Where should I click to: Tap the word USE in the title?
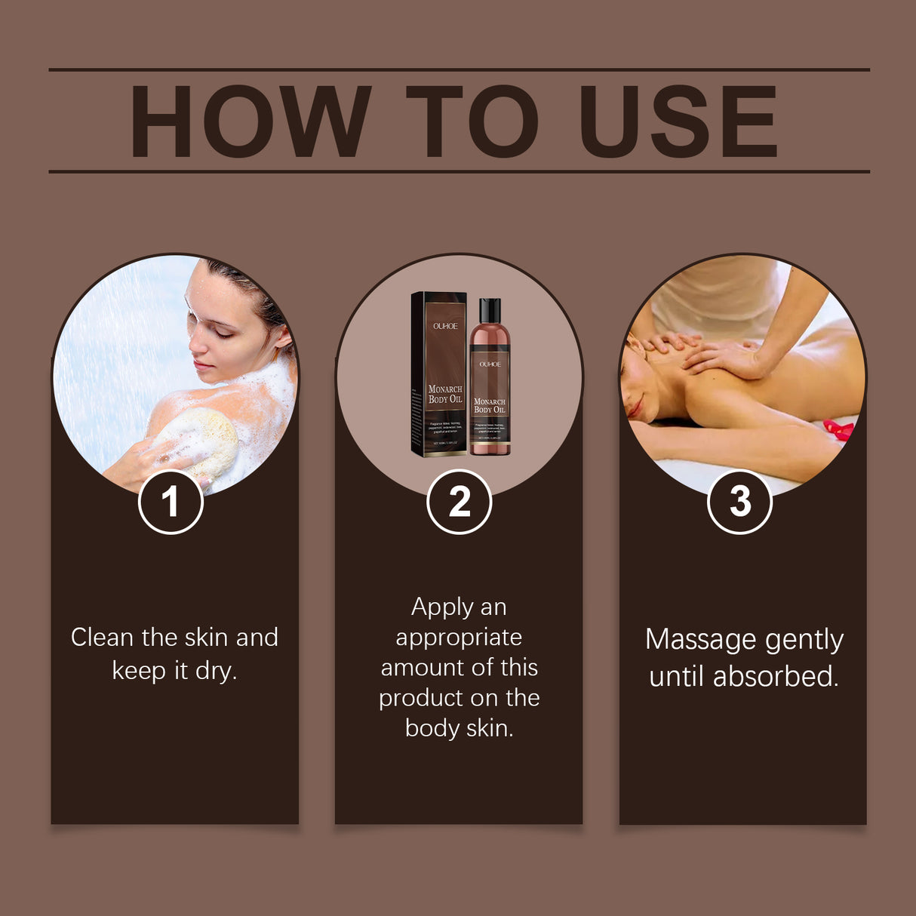click(678, 121)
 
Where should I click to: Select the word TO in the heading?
click(472, 121)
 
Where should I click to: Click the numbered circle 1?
click(171, 502)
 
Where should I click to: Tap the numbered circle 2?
click(459, 502)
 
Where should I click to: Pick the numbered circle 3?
click(739, 502)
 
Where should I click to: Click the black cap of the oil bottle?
click(490, 310)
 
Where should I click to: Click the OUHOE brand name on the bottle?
click(490, 364)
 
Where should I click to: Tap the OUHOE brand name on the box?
click(444, 327)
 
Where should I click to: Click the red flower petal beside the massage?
click(839, 430)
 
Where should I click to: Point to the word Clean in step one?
click(102, 638)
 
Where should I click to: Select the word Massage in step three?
click(690, 641)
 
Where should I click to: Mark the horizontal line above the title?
click(459, 69)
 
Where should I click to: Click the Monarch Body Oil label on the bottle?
click(490, 406)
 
